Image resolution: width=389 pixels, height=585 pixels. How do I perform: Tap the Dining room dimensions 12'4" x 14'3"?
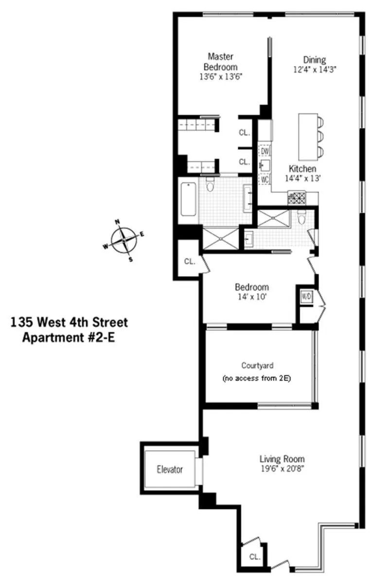tap(315, 70)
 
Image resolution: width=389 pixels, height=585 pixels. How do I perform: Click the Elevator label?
tap(170, 470)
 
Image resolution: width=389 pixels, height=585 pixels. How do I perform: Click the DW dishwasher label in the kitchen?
tap(265, 151)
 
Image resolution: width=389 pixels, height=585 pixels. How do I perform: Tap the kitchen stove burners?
tap(297, 197)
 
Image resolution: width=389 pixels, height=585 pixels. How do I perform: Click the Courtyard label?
tap(256, 365)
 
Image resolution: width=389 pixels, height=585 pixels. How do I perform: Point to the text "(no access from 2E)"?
tap(256, 378)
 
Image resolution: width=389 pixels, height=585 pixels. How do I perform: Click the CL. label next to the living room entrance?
tap(254, 556)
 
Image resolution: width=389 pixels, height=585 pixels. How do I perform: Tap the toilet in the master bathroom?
tap(211, 185)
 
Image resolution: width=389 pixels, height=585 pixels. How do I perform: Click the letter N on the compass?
tap(117, 222)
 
